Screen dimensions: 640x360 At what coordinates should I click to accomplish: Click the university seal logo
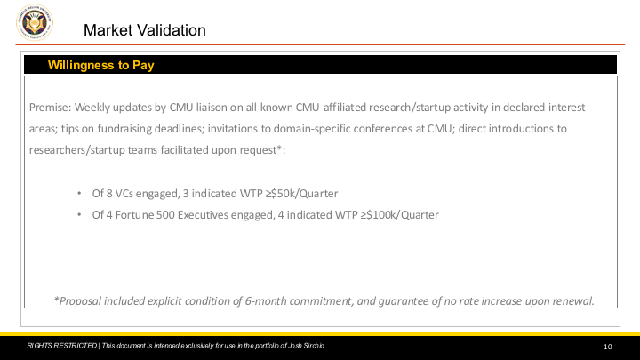35,22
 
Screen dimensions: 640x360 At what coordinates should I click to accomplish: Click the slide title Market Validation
145,30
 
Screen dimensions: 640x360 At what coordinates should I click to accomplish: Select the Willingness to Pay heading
100,65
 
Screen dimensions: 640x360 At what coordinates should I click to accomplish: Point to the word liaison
212,108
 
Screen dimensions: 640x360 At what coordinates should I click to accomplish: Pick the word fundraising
124,129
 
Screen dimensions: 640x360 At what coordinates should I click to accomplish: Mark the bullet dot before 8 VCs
79,193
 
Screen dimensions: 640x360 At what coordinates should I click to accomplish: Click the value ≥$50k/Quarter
301,194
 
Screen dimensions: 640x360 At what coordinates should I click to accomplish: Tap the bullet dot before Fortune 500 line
79,215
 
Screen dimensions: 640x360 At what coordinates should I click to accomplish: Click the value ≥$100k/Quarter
399,215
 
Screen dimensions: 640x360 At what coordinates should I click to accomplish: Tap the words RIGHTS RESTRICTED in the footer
61,346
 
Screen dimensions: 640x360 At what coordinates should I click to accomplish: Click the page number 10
608,347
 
